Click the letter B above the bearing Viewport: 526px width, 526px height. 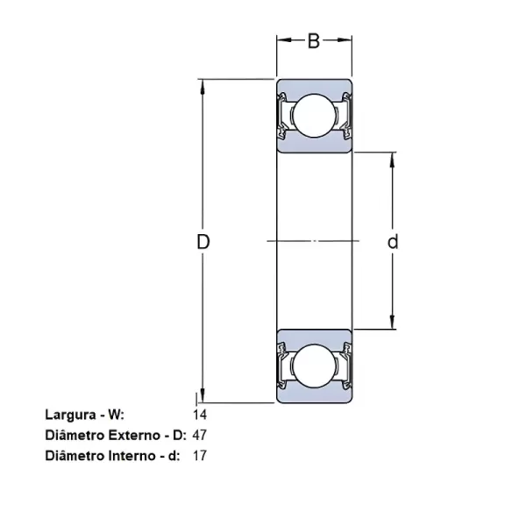coord(314,40)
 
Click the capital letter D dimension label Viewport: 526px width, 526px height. coord(203,242)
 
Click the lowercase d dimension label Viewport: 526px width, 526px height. coord(393,242)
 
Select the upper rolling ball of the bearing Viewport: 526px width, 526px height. coord(315,117)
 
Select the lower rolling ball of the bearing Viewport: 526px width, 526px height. coord(315,366)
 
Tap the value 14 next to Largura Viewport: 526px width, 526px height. coord(198,413)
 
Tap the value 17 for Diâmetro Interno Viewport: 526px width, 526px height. coord(198,455)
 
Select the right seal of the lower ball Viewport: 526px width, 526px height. coord(345,366)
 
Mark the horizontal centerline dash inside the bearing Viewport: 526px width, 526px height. coord(315,241)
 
